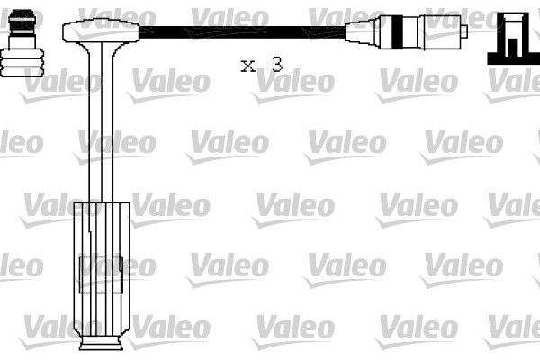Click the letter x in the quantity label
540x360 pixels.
(247, 65)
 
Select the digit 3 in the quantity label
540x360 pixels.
(276, 64)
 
